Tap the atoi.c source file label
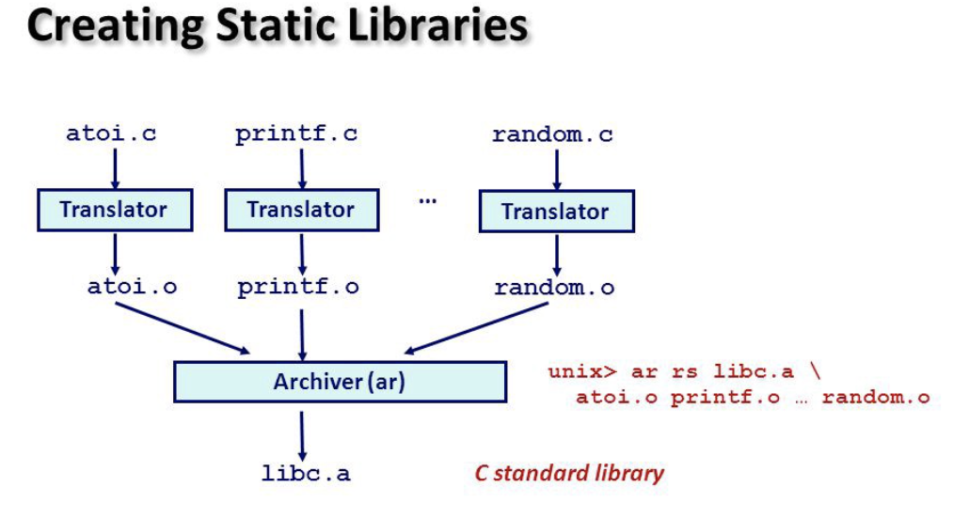coord(111,134)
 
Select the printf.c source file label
coord(296,134)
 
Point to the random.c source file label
coord(552,134)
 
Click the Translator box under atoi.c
coord(115,210)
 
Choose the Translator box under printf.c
coord(301,210)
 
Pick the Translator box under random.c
coord(555,212)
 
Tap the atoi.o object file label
coord(132,287)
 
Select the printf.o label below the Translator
coord(298,287)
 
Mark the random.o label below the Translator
coord(554,288)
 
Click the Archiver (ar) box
coord(340,382)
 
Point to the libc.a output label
coord(306,473)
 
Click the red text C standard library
coord(568,473)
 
